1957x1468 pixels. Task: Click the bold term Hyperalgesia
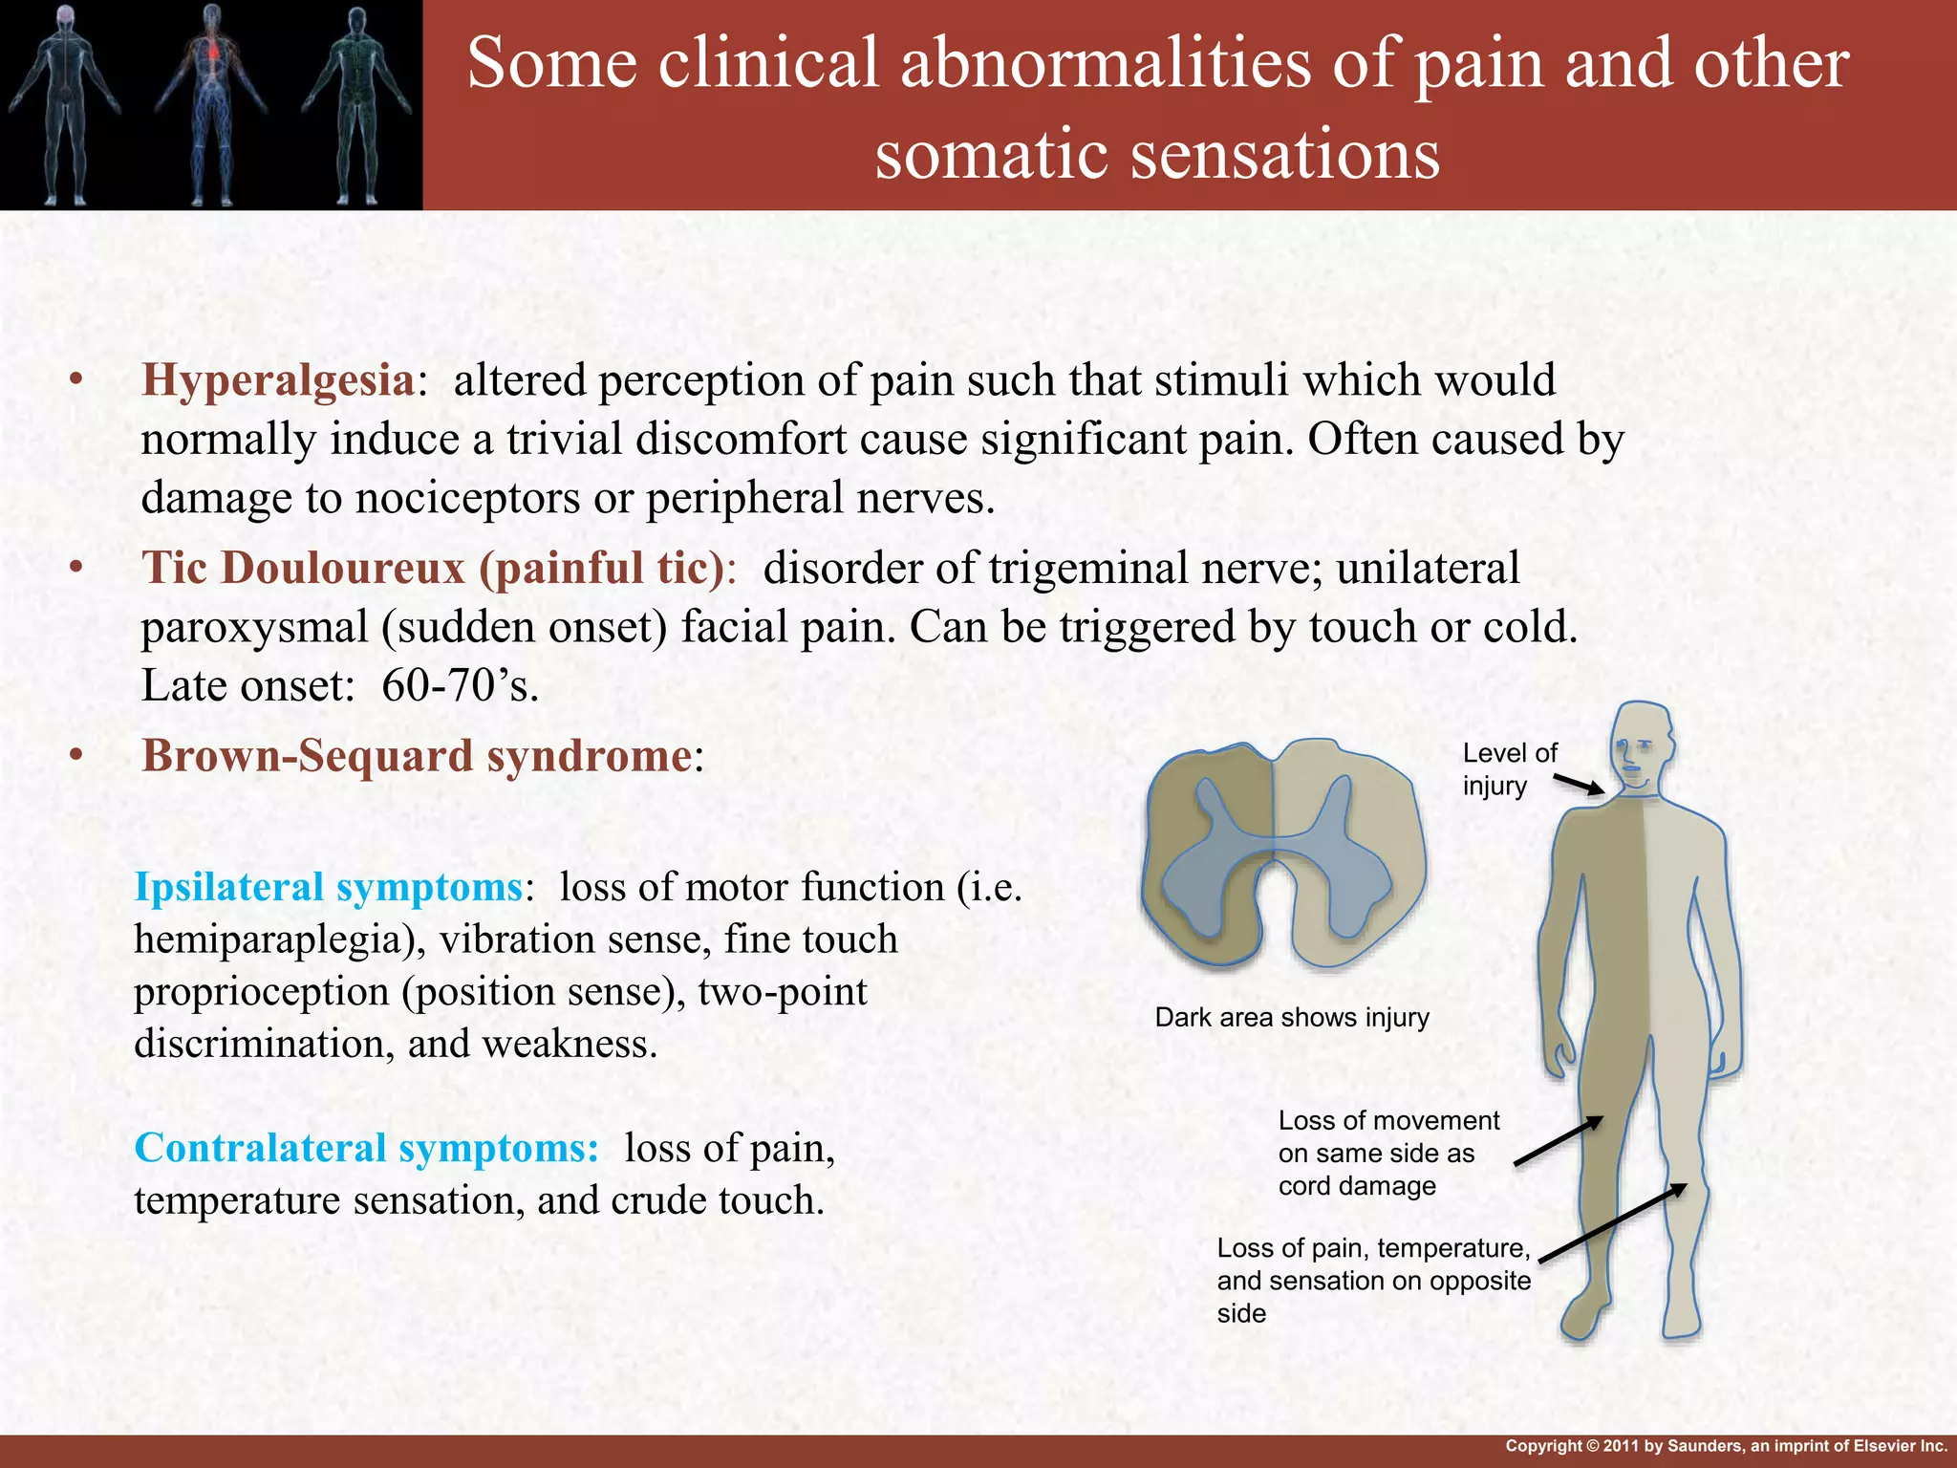[x=277, y=380]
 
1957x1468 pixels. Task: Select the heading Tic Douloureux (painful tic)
[x=434, y=568]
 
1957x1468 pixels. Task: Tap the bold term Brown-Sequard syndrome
[x=417, y=756]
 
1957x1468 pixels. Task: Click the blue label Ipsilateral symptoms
[x=328, y=887]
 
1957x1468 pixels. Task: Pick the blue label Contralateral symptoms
[x=366, y=1148]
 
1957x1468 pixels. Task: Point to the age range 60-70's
[x=460, y=685]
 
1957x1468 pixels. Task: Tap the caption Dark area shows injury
[x=1292, y=1017]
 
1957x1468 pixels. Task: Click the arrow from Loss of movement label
[x=1559, y=1141]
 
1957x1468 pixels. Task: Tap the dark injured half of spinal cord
[x=1209, y=851]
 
